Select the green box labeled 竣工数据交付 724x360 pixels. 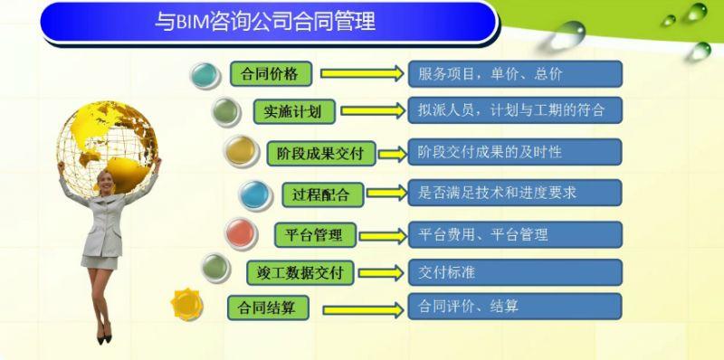tap(299, 271)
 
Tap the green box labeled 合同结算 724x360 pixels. tap(268, 307)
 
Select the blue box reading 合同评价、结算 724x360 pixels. tap(515, 306)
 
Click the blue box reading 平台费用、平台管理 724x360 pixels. tap(515, 234)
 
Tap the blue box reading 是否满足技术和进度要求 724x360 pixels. tap(515, 192)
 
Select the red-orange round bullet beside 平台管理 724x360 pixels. tap(240, 232)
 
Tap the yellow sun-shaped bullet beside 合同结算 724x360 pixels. tap(190, 304)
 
